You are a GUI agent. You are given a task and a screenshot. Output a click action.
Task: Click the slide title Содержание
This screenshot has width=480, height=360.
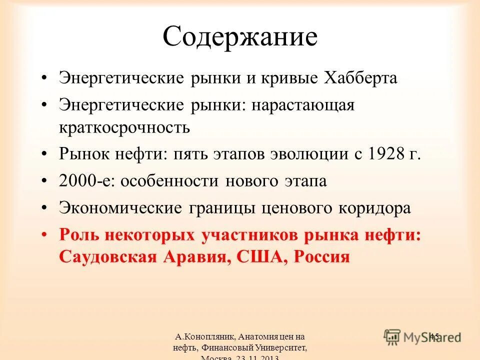[240, 37]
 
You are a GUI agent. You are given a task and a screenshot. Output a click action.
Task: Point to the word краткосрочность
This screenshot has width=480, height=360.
[124, 126]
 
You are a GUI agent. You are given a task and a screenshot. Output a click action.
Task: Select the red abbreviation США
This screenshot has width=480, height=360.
[260, 256]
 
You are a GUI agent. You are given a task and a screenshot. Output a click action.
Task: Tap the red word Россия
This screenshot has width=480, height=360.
[320, 256]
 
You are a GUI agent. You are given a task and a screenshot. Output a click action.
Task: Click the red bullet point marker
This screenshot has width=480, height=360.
[45, 234]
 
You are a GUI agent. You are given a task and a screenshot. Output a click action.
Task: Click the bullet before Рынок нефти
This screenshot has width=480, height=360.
[45, 153]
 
